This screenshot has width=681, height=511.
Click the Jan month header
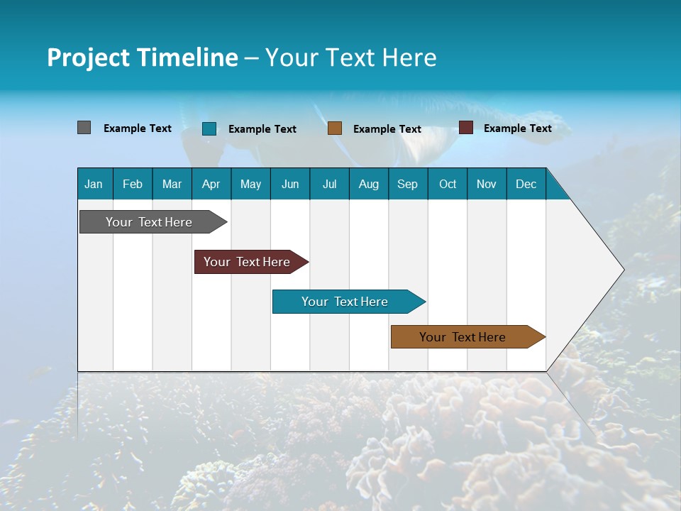(94, 185)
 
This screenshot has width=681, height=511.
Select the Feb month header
(133, 185)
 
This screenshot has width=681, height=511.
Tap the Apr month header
(211, 185)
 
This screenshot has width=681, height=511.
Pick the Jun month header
(290, 185)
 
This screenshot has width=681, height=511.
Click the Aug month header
(368, 185)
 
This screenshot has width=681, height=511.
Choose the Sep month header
(407, 185)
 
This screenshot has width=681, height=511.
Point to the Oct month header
(448, 185)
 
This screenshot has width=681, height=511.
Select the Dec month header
(526, 185)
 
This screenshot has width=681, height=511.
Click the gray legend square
(84, 128)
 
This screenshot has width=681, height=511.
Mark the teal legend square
(209, 128)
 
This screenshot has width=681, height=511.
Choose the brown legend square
(335, 128)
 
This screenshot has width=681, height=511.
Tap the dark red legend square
(466, 128)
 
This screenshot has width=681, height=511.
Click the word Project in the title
(88, 57)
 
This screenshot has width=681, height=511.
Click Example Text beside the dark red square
(517, 128)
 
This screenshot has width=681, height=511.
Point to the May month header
(250, 185)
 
